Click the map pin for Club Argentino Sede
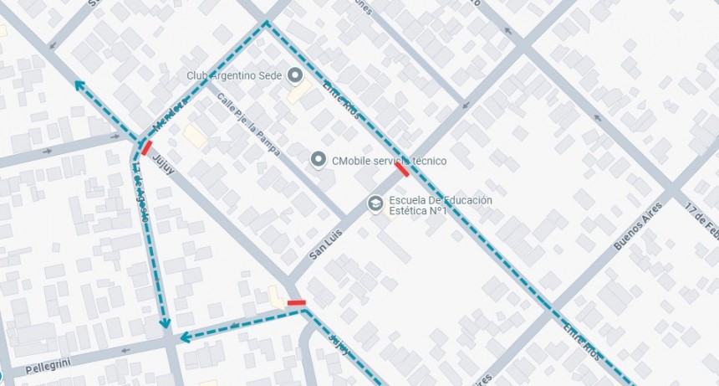(x=294, y=75)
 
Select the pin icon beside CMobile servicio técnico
(x=318, y=159)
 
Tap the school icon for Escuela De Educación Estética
(x=375, y=203)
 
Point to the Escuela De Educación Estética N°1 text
(x=440, y=205)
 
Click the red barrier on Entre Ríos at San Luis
(x=402, y=169)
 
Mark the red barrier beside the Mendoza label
(x=146, y=147)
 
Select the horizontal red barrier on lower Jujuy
(x=296, y=302)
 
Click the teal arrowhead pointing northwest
(x=79, y=85)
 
